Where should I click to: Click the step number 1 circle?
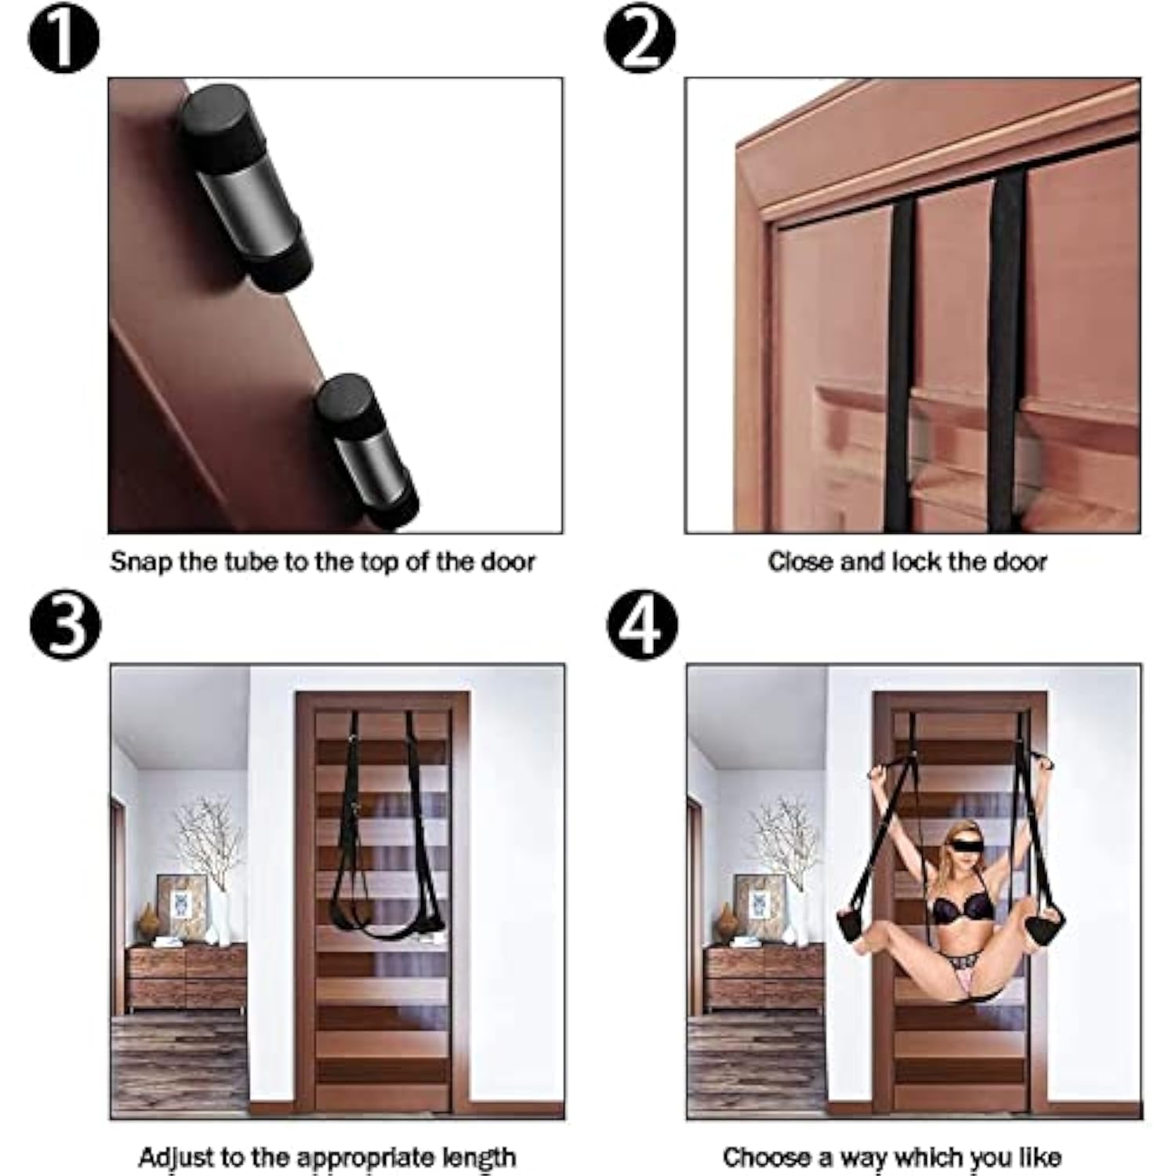point(64,39)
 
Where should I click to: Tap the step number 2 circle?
point(641,39)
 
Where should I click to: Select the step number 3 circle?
point(65,625)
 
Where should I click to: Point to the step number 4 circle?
point(643,625)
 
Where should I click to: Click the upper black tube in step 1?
point(245,188)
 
